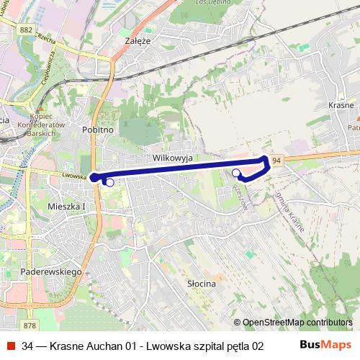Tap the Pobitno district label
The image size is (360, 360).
(98, 130)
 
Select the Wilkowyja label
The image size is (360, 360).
(171, 157)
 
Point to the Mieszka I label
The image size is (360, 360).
(66, 206)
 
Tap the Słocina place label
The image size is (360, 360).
(201, 284)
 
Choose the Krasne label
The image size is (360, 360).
(341, 105)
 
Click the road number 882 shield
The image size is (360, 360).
(27, 30)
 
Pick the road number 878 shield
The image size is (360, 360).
(30, 305)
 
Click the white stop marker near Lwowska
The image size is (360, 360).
(109, 183)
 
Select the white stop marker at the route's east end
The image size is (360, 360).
(236, 172)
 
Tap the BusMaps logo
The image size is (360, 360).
(326, 345)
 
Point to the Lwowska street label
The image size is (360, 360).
(74, 175)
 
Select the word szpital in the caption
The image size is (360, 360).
(214, 346)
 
